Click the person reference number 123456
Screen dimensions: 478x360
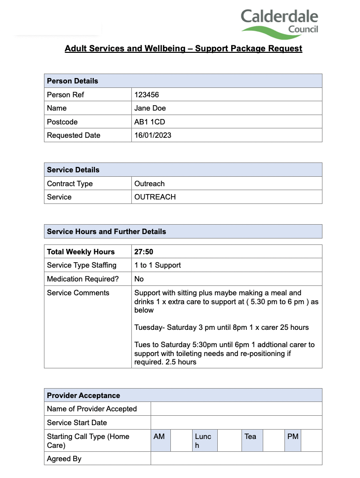[x=147, y=95]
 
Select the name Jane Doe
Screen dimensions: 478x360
[x=150, y=108]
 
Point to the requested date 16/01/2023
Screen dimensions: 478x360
[x=153, y=135]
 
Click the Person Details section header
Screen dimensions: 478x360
[x=73, y=81]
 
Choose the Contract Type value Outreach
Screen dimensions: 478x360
[x=150, y=184]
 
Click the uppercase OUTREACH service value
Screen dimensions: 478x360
[x=155, y=197]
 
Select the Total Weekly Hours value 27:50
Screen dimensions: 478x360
[x=144, y=252]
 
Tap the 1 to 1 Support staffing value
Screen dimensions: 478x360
[x=158, y=265]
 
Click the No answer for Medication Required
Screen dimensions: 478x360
[x=139, y=279]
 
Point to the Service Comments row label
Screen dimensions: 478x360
[x=78, y=293]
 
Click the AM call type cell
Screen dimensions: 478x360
[x=160, y=440]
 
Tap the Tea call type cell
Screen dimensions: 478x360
[x=252, y=440]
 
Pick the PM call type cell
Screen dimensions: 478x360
[x=293, y=440]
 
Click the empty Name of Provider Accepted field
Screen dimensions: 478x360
[x=236, y=409]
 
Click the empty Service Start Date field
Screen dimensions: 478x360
[x=236, y=423]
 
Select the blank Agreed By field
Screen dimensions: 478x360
[x=236, y=459]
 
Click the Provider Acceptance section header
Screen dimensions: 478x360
[x=83, y=396]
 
